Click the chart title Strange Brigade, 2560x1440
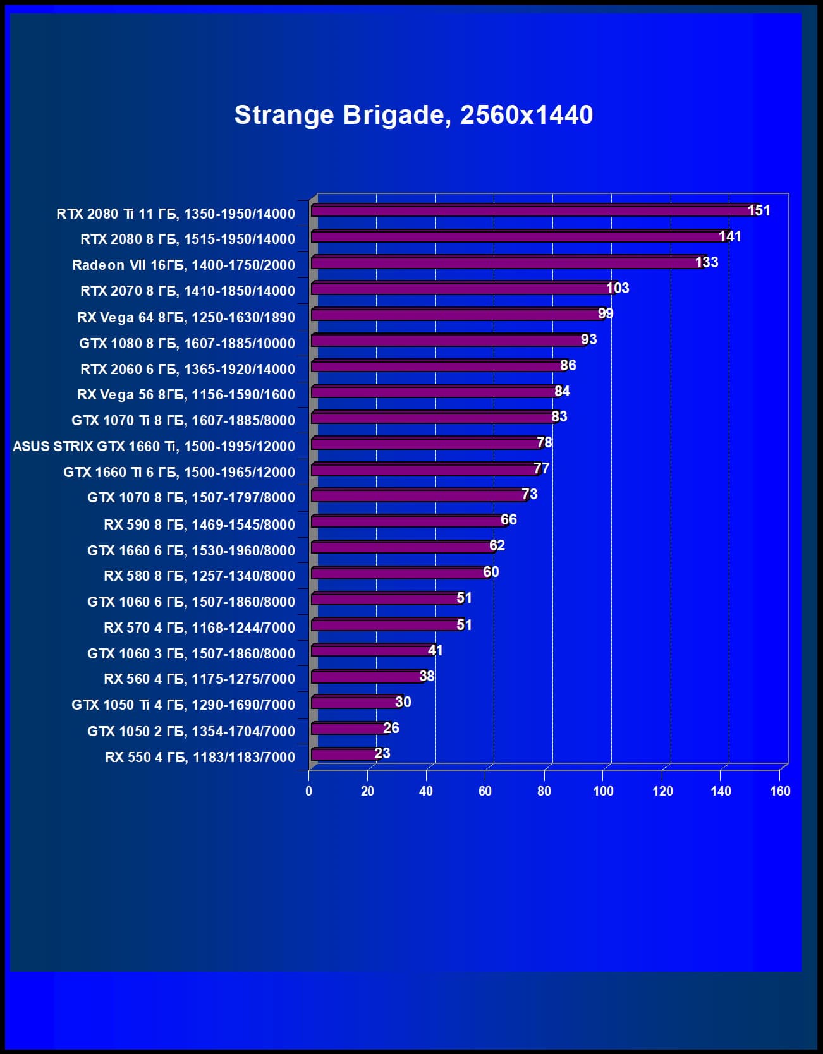pos(413,115)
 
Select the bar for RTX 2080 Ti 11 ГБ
pos(531,211)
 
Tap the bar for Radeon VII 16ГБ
pos(506,263)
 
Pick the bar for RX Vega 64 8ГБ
pos(455,315)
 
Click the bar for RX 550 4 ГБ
pos(344,754)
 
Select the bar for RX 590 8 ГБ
pos(408,521)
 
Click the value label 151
pos(759,210)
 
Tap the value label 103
pos(617,288)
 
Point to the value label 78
pos(544,442)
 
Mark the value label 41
pos(435,650)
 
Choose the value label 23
pos(382,753)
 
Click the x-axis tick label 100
pos(603,791)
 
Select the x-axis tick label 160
pos(779,791)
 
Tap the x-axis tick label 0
pos(308,791)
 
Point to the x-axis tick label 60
pos(485,791)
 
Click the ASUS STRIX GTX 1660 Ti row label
pos(154,447)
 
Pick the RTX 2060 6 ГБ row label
pos(187,369)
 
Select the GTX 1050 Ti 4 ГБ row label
pos(183,705)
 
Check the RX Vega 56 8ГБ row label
pos(186,395)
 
